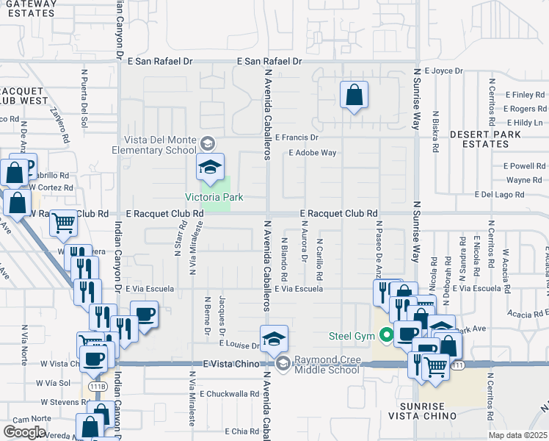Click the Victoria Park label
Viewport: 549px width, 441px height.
(214, 197)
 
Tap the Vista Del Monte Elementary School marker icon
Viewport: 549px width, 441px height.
(210, 168)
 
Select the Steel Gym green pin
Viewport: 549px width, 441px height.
(388, 337)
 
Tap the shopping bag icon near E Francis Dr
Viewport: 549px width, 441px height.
(354, 96)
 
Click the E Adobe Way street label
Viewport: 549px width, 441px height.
(312, 153)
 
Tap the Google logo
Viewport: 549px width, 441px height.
(24, 431)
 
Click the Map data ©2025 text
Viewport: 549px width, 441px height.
(517, 435)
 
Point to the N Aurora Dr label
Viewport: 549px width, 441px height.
(303, 250)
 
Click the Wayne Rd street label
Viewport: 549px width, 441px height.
(524, 180)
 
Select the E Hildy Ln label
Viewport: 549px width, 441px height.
(523, 122)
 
